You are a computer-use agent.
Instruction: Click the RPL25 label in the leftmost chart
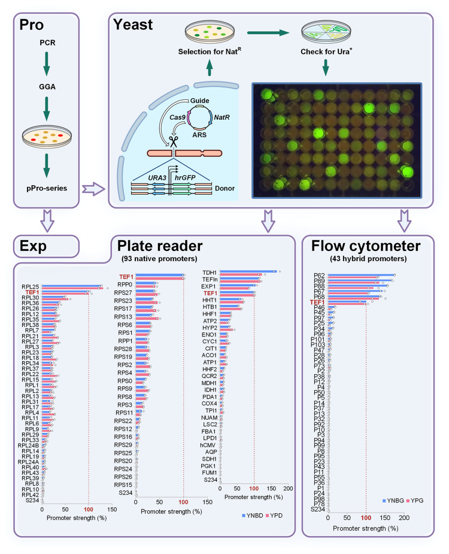(31, 287)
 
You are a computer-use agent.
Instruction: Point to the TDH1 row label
(210, 273)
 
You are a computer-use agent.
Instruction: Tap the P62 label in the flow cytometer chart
(319, 276)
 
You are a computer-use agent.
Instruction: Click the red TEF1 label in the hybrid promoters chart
(317, 302)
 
